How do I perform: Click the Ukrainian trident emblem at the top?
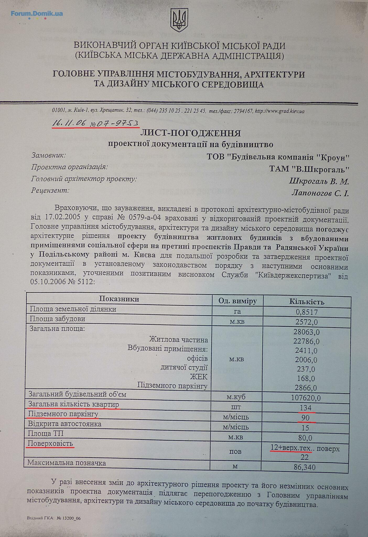point(179,20)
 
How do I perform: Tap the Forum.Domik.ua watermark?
point(37,14)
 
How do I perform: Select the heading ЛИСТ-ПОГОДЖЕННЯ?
point(191,133)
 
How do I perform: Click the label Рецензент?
point(50,190)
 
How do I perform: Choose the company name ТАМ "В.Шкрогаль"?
point(309,169)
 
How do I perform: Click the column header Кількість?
point(307,302)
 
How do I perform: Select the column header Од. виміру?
point(237,301)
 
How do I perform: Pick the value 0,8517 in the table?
point(307,312)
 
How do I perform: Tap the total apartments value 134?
point(306,408)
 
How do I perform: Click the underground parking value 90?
point(306,418)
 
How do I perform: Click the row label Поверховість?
point(51,443)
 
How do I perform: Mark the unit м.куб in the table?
point(236,397)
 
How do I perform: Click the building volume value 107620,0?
point(306,398)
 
